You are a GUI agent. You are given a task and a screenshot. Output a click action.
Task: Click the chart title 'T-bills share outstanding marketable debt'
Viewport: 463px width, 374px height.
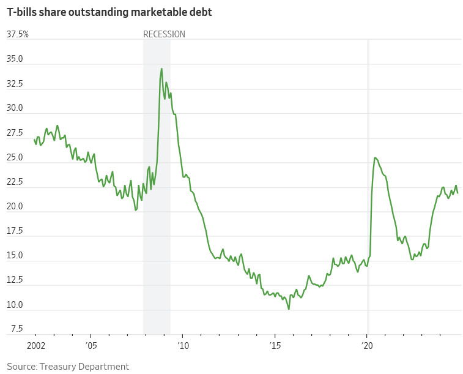click(109, 12)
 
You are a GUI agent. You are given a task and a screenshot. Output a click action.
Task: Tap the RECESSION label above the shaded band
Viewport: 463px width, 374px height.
click(164, 34)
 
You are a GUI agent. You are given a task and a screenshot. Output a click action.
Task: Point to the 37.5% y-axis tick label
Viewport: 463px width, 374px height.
click(17, 34)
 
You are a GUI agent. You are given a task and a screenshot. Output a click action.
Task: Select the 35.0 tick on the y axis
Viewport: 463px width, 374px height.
click(15, 59)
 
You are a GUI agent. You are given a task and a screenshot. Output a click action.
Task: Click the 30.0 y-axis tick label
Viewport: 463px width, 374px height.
click(15, 108)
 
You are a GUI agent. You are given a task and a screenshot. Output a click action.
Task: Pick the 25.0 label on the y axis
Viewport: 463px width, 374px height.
click(15, 157)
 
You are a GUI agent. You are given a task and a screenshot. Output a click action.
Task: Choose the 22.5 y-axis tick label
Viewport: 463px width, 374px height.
click(15, 182)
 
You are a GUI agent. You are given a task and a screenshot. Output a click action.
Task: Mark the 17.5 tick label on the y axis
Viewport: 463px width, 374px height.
click(15, 231)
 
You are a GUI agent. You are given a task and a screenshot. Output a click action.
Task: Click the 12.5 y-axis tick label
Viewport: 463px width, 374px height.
click(15, 280)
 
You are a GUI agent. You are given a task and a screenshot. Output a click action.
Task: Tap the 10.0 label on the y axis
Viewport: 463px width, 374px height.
click(15, 305)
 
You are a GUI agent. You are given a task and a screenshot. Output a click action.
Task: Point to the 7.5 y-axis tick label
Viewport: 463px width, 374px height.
click(17, 329)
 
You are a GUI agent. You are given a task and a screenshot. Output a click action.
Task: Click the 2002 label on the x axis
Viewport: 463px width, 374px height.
click(35, 345)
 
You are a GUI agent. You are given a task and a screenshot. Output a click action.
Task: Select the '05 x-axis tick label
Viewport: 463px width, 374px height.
click(91, 345)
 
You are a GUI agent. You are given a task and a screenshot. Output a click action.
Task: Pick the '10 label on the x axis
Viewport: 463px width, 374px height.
click(183, 345)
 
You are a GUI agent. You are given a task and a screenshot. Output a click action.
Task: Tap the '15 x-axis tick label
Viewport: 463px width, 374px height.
click(275, 345)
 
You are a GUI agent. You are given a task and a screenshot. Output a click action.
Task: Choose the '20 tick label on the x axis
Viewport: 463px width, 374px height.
click(367, 345)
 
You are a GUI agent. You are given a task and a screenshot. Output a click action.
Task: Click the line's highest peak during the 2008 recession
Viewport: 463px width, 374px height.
click(161, 69)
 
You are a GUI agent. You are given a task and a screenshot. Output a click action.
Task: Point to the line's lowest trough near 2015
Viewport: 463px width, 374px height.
click(289, 309)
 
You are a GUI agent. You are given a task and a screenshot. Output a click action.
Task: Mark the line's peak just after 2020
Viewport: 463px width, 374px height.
click(375, 158)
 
